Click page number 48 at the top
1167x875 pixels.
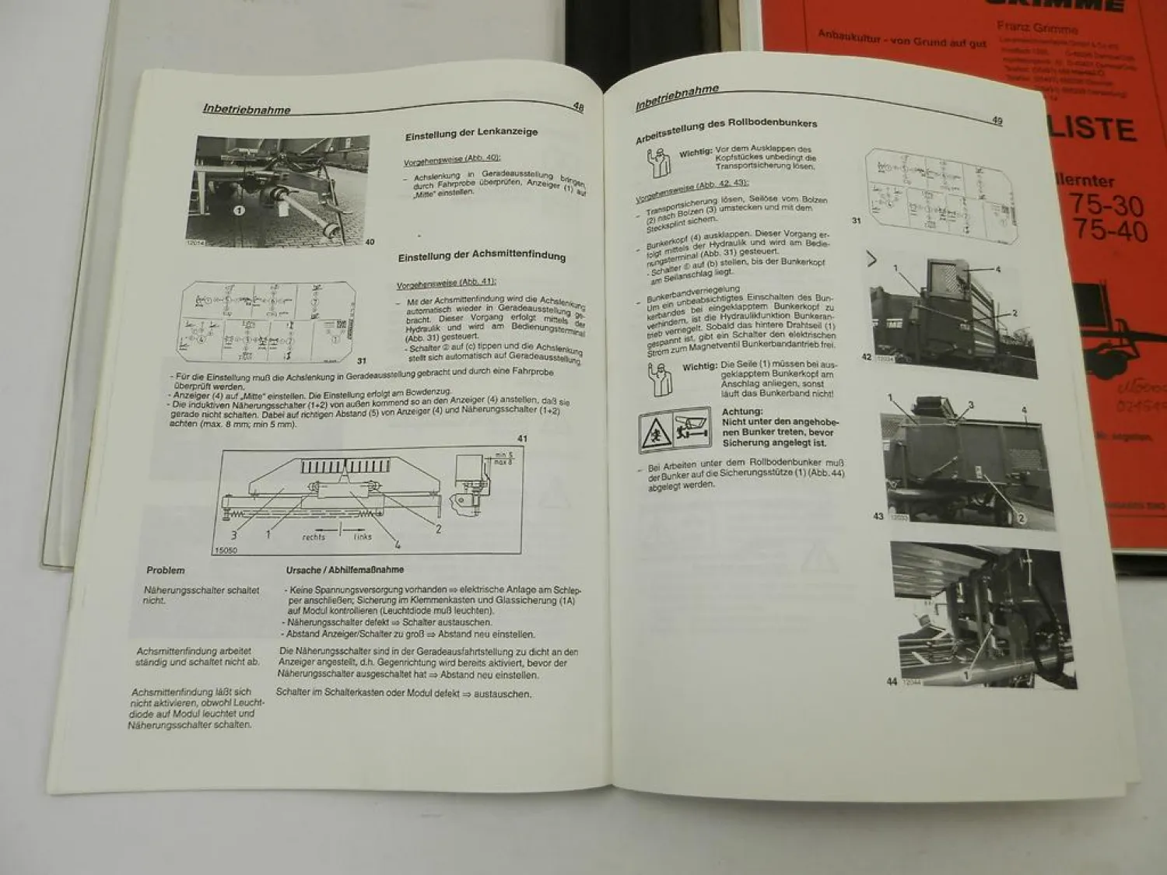pyautogui.click(x=578, y=107)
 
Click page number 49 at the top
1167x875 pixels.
pyautogui.click(x=997, y=120)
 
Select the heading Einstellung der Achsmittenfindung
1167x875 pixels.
pyautogui.click(x=482, y=257)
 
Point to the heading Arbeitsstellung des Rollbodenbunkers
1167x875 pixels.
pyautogui.click(x=726, y=131)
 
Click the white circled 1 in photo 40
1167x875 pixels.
pyautogui.click(x=239, y=210)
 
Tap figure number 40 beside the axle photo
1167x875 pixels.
pyautogui.click(x=370, y=242)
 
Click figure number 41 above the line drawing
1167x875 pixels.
pyautogui.click(x=522, y=439)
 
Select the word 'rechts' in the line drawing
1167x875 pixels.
pyautogui.click(x=314, y=537)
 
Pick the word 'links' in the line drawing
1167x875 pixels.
pyautogui.click(x=363, y=537)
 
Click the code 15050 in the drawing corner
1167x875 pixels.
pyautogui.click(x=225, y=551)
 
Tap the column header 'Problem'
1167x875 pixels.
pyautogui.click(x=166, y=570)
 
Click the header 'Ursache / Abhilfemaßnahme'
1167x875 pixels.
pyautogui.click(x=345, y=570)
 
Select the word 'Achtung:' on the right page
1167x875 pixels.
pyautogui.click(x=742, y=411)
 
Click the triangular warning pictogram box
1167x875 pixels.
pyautogui.click(x=675, y=429)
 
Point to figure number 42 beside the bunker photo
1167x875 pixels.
pyautogui.click(x=866, y=357)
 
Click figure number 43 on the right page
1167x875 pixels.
pyautogui.click(x=878, y=516)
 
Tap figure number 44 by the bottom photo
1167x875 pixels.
pyautogui.click(x=892, y=681)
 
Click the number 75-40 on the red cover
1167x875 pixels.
pyautogui.click(x=1109, y=231)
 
